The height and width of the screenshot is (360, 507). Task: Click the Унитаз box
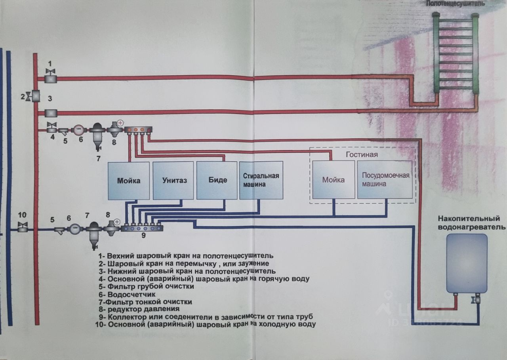click(175, 180)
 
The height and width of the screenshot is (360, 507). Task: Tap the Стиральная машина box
click(261, 180)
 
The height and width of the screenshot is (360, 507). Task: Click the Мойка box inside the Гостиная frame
click(333, 179)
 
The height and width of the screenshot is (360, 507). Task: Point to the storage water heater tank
click(467, 262)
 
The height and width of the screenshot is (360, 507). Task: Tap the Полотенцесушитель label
click(456, 4)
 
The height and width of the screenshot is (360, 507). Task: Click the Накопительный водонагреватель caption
click(471, 223)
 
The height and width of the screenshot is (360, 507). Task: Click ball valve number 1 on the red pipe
click(51, 77)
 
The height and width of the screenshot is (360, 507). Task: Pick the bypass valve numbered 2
click(34, 96)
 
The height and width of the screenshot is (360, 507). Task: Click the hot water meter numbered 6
click(78, 129)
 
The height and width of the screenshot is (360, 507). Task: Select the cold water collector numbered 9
click(142, 228)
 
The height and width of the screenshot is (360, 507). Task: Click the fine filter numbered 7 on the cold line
click(94, 234)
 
